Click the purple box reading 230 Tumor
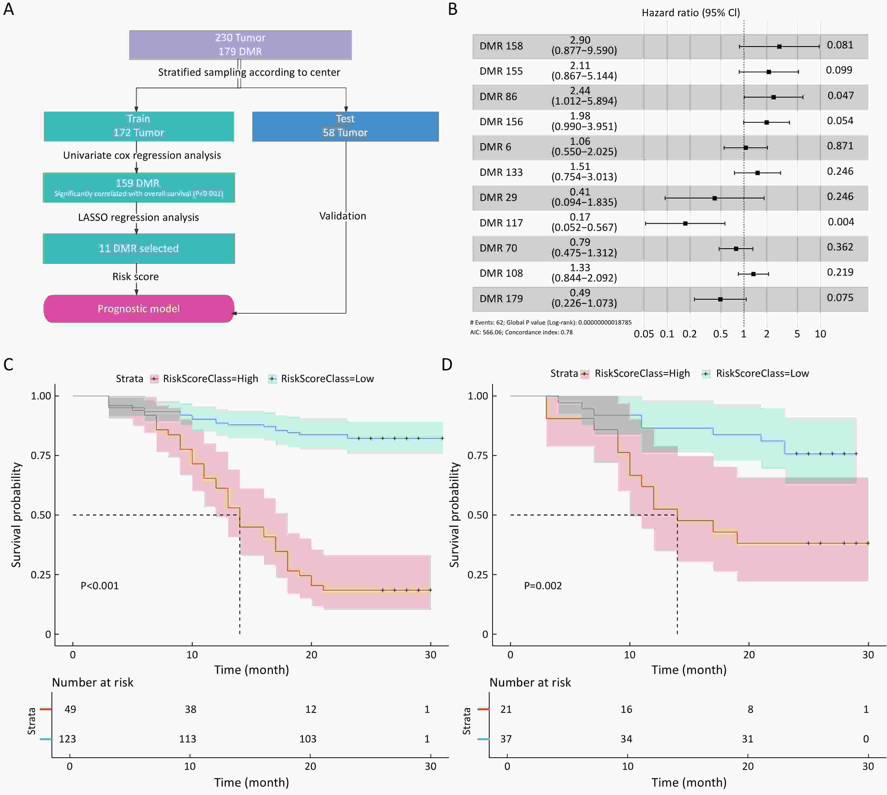(240, 44)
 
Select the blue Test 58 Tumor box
(345, 126)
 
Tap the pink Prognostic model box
(138, 309)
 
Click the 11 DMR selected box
(138, 248)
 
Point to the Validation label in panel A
(343, 216)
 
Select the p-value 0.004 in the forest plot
(840, 222)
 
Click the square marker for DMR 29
(714, 198)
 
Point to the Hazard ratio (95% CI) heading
(690, 13)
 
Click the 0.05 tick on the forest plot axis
(644, 334)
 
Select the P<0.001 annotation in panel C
(100, 586)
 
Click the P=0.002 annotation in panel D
(543, 586)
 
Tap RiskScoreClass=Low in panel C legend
(327, 379)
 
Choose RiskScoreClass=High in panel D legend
(642, 373)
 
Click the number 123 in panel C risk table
(67, 739)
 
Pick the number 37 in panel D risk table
(506, 739)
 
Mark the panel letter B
(453, 10)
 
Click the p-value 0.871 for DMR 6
(840, 146)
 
